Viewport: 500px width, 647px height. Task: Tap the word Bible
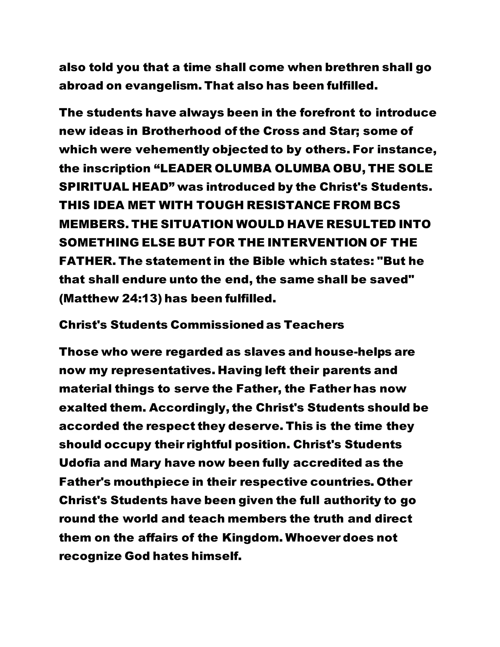click(x=269, y=261)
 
